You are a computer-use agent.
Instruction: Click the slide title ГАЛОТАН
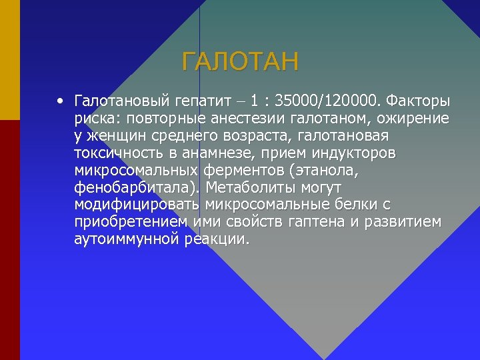[241, 63]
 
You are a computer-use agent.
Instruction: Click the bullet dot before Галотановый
[60, 101]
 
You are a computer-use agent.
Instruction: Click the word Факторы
[419, 101]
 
